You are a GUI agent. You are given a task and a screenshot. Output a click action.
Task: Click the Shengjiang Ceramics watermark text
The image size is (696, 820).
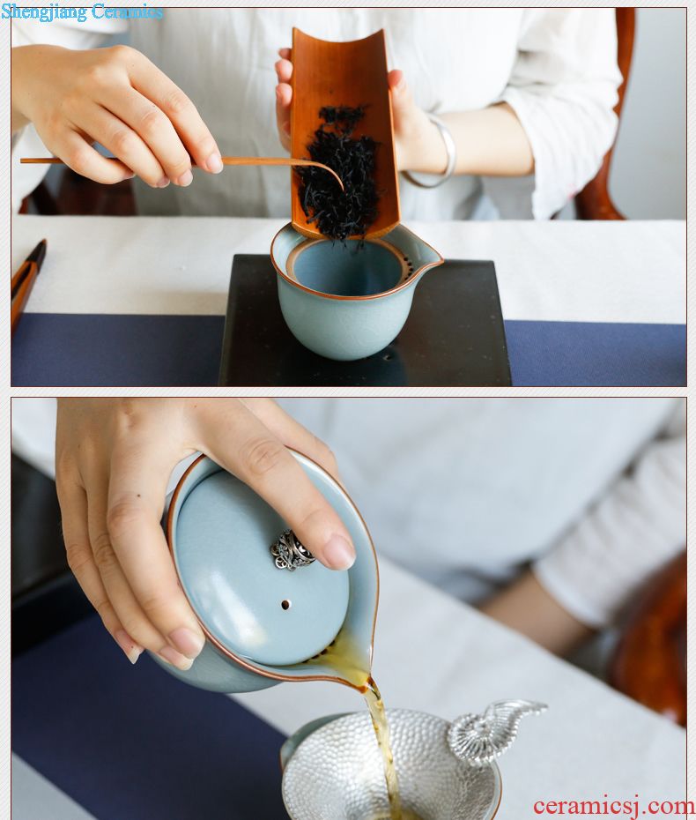click(x=82, y=11)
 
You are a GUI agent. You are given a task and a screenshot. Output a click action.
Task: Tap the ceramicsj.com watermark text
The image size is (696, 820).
click(x=613, y=806)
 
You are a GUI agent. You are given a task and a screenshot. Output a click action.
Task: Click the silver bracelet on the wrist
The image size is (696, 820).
click(x=438, y=152)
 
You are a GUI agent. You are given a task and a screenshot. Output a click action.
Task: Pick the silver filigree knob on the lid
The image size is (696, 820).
click(x=292, y=549)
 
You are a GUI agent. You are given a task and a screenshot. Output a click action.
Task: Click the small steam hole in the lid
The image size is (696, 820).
click(x=285, y=605)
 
